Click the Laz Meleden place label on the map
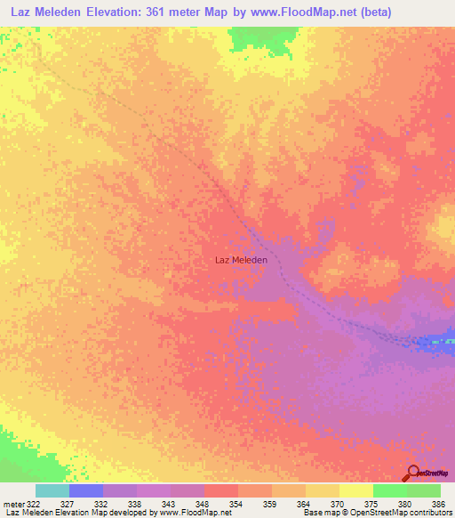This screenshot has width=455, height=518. pyautogui.click(x=241, y=260)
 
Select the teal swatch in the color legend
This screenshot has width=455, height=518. pyautogui.click(x=52, y=490)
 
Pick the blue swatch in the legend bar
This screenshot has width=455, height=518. pyautogui.click(x=86, y=490)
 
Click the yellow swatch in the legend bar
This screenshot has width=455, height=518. pyautogui.click(x=356, y=490)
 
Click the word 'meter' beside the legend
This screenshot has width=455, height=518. pyautogui.click(x=12, y=503)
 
